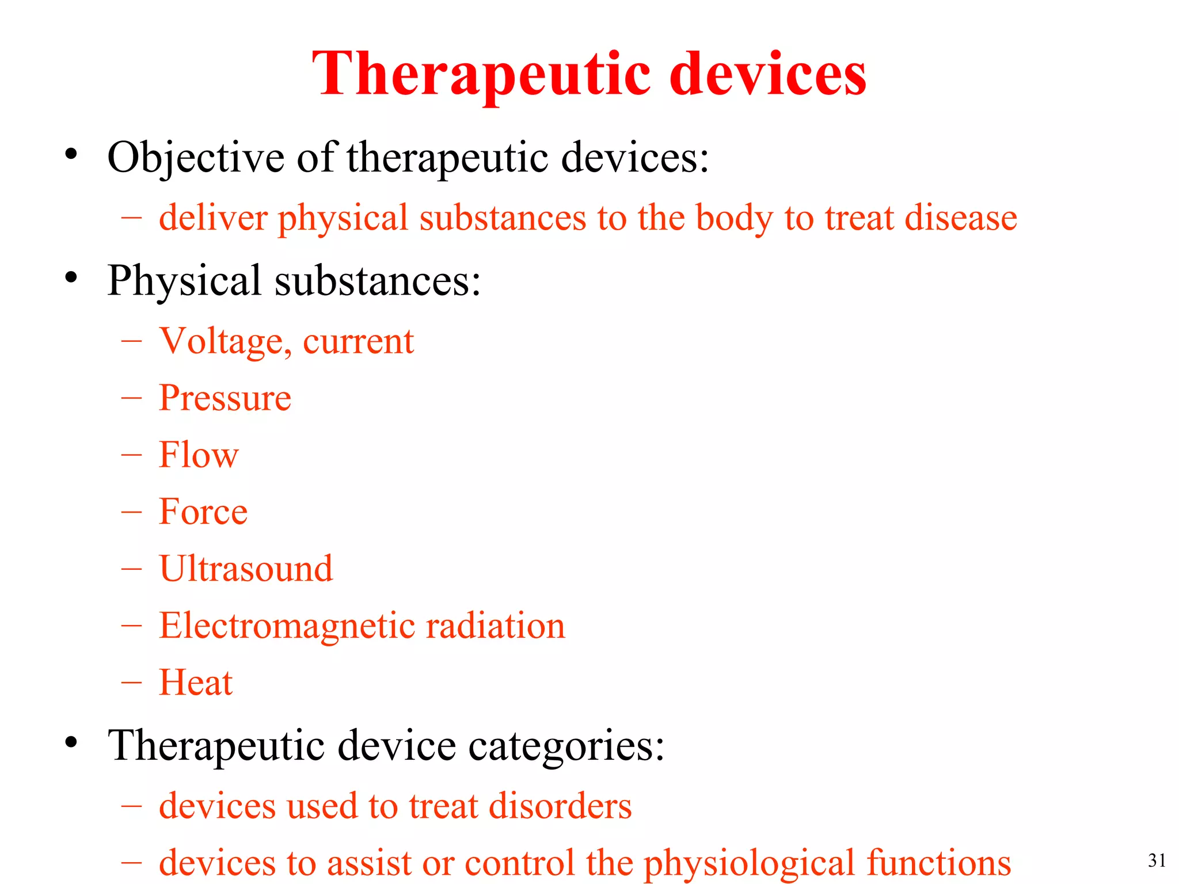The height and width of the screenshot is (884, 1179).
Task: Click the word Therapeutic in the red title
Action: (x=481, y=75)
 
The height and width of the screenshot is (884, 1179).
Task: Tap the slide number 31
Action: (x=1157, y=860)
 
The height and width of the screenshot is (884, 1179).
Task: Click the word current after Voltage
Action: (x=358, y=341)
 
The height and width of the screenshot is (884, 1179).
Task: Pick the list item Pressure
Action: (x=225, y=398)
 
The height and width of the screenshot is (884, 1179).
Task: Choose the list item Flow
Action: (x=199, y=455)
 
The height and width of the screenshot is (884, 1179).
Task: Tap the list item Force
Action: (x=203, y=512)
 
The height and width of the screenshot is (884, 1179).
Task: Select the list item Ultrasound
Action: (x=246, y=569)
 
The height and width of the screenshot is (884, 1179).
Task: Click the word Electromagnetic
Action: (x=287, y=626)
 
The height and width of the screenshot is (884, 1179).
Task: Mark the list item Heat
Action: (x=196, y=683)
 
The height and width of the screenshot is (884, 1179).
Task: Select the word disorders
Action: (x=560, y=806)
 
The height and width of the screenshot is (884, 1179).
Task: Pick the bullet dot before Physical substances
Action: (x=71, y=278)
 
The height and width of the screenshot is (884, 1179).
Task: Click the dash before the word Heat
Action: (x=132, y=683)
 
